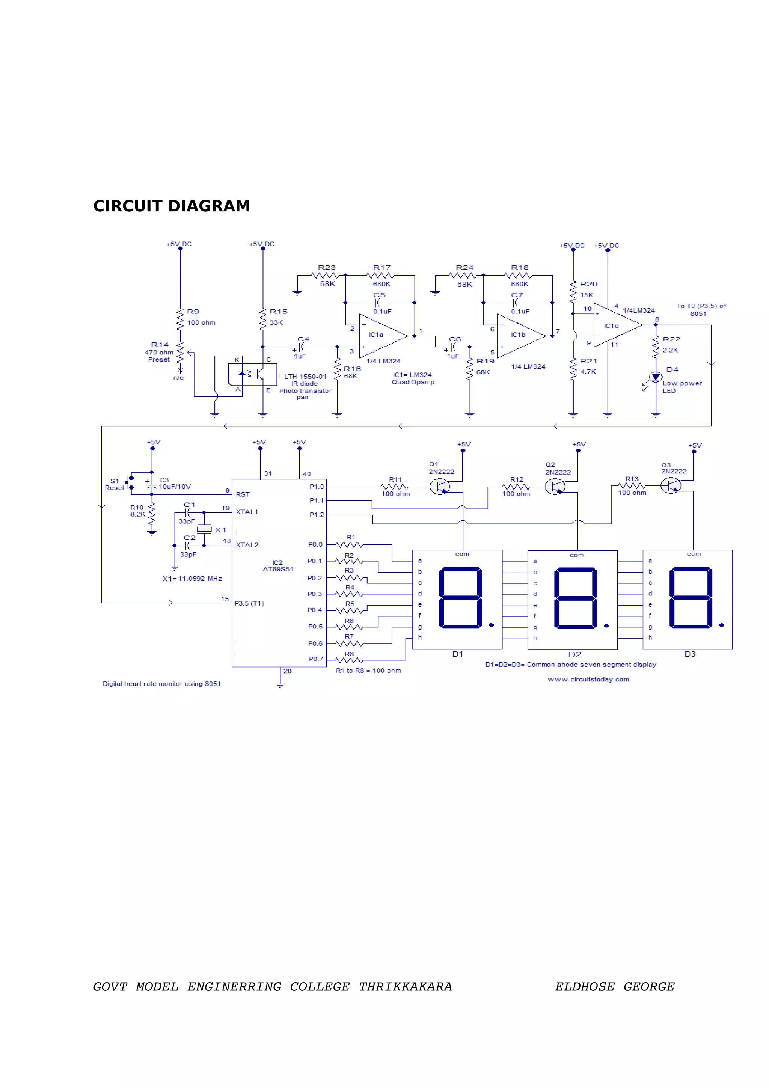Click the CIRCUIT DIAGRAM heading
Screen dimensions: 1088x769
(172, 206)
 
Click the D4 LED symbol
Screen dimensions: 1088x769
(656, 377)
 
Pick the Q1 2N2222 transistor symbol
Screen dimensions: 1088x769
(440, 486)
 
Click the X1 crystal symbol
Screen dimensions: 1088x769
(204, 529)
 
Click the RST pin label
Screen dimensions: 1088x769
(243, 494)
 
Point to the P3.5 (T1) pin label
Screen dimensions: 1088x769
(249, 603)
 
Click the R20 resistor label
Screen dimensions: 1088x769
(588, 284)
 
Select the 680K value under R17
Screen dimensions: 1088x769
(381, 284)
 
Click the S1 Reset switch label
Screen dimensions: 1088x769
(114, 484)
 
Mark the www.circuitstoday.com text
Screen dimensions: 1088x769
(588, 679)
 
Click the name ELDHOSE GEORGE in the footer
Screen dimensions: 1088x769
(615, 987)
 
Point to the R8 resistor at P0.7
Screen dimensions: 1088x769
(349, 660)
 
